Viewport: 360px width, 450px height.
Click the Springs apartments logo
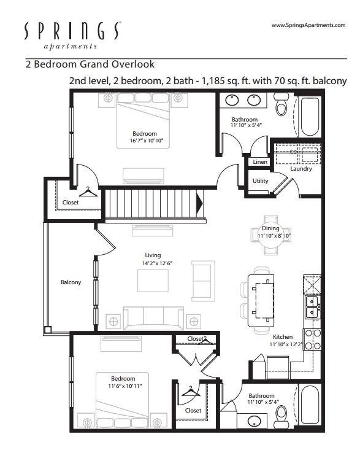click(x=72, y=36)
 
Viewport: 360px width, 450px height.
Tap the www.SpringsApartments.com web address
click(x=308, y=25)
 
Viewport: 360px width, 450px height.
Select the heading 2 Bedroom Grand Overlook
click(x=90, y=64)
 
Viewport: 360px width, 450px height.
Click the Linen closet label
click(x=260, y=162)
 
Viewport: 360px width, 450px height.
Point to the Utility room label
click(x=260, y=181)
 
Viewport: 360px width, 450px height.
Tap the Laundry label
click(x=301, y=168)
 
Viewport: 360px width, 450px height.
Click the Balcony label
click(x=71, y=282)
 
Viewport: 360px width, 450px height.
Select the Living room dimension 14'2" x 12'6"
click(x=158, y=263)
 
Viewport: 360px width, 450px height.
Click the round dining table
click(x=271, y=235)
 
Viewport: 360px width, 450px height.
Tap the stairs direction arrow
click(x=199, y=203)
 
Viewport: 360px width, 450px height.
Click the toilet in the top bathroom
click(x=281, y=104)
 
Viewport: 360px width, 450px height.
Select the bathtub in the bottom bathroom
click(x=310, y=405)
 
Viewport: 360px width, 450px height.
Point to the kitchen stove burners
click(x=313, y=339)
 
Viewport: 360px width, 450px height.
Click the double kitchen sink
click(x=312, y=307)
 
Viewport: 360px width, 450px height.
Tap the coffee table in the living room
click(x=153, y=281)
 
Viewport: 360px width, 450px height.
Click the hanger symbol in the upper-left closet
click(x=88, y=192)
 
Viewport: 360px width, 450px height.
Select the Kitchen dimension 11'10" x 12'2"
click(x=286, y=344)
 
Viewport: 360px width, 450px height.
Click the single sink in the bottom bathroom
click(x=254, y=422)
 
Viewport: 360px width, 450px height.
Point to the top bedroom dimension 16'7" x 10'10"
click(x=147, y=141)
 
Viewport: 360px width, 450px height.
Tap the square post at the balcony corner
click(x=48, y=330)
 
